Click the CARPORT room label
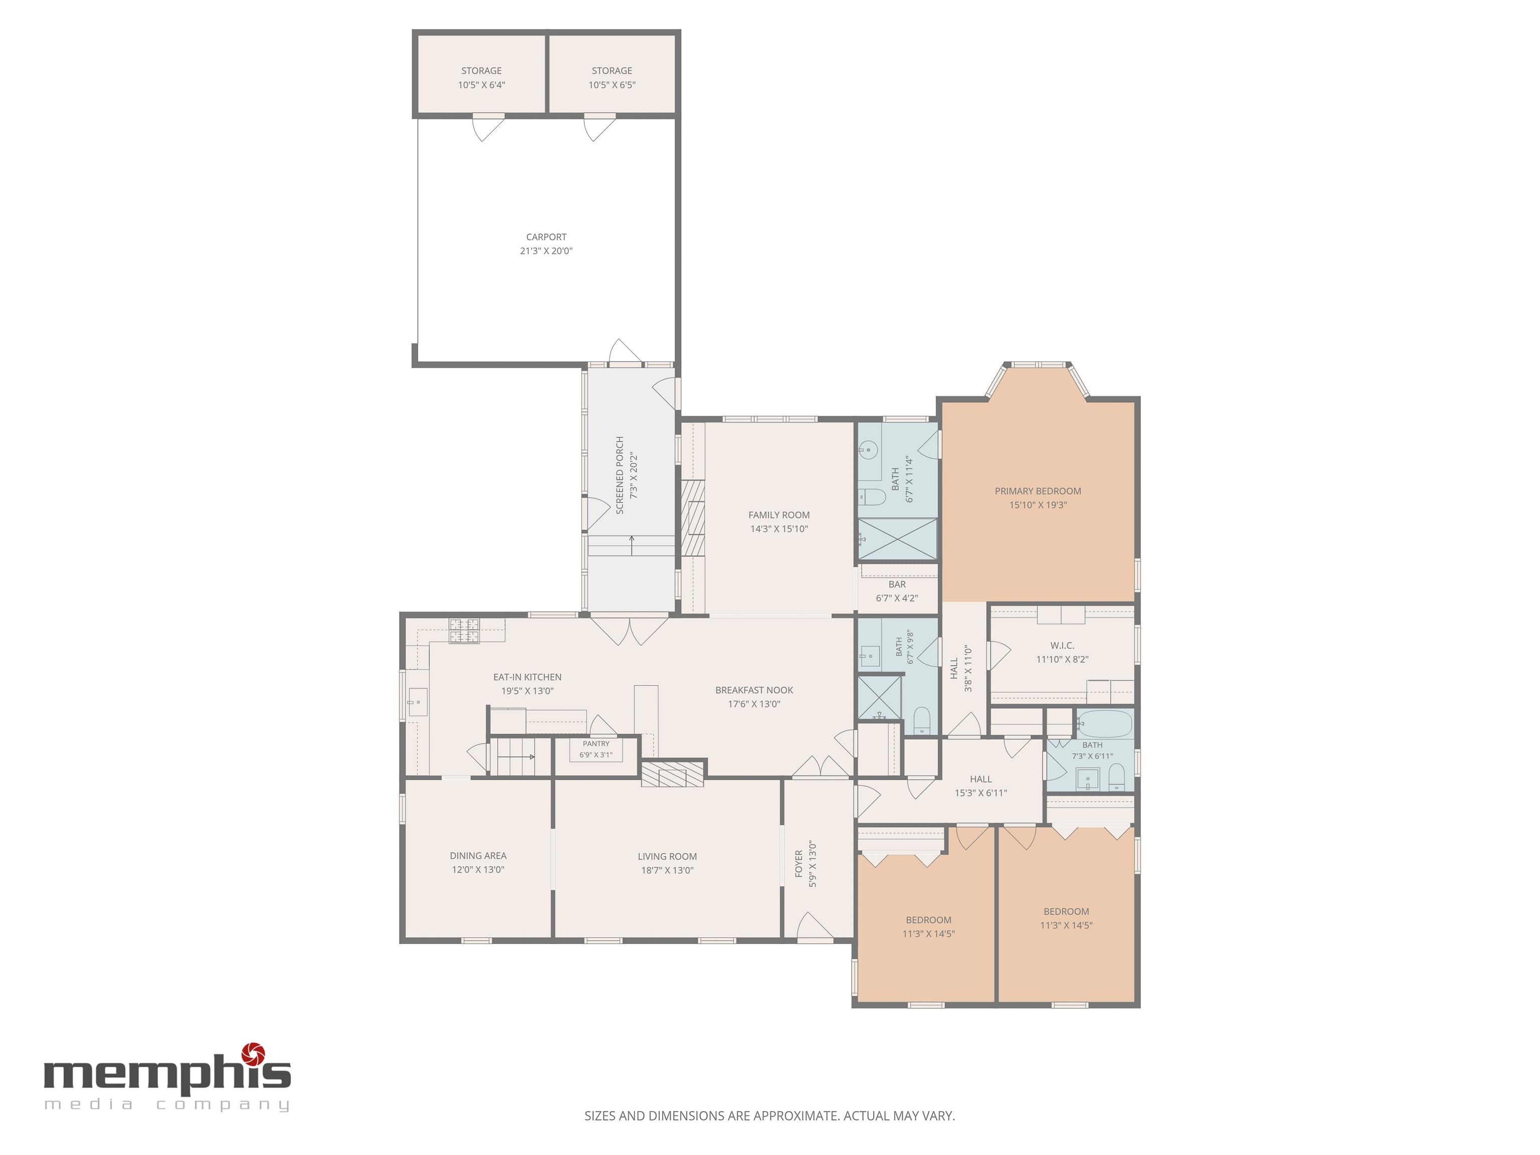546,237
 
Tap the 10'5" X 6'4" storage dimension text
481,85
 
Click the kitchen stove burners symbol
464,630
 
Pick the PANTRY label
596,743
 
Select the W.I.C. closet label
1062,645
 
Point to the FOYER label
799,863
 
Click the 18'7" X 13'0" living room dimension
667,870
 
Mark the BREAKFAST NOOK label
754,690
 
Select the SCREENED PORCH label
620,476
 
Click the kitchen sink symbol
417,702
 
